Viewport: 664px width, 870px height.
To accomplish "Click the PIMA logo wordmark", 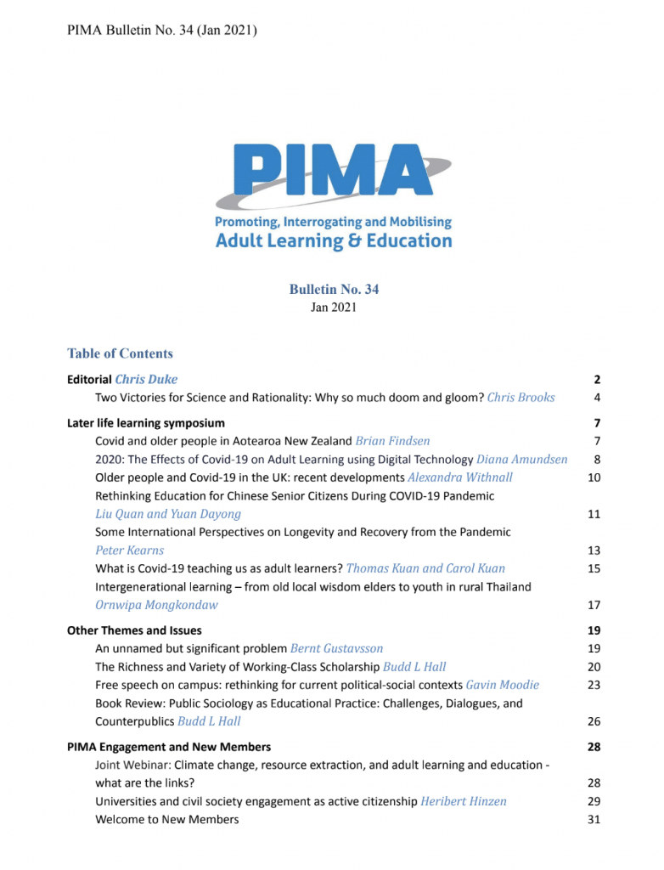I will [x=333, y=176].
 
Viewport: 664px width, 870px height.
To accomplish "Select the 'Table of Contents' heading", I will [x=120, y=353].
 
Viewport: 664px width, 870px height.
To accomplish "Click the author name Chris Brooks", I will [x=521, y=397].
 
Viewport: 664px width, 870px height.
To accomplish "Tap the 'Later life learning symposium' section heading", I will [x=146, y=422].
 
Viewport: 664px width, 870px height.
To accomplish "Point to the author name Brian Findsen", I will [x=392, y=441].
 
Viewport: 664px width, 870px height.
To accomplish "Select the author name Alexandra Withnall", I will [x=459, y=477].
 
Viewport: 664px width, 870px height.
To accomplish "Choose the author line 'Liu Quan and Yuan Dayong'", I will [x=168, y=513].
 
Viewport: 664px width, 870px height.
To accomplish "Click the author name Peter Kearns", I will [x=130, y=550].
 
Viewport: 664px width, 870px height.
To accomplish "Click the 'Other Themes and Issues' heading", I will [x=134, y=630].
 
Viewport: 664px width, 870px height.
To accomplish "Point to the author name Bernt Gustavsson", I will [x=336, y=648].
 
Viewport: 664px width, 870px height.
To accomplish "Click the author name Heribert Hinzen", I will [x=463, y=801].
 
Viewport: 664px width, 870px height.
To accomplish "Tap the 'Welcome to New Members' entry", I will [x=166, y=819].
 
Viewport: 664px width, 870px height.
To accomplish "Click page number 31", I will [x=594, y=819].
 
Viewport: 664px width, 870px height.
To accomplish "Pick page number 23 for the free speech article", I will [x=594, y=685].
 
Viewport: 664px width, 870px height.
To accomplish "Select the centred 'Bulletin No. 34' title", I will [x=334, y=290].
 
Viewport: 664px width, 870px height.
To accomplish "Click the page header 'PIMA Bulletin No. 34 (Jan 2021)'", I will [x=161, y=31].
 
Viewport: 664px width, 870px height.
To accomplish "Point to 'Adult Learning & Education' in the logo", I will [x=334, y=240].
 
